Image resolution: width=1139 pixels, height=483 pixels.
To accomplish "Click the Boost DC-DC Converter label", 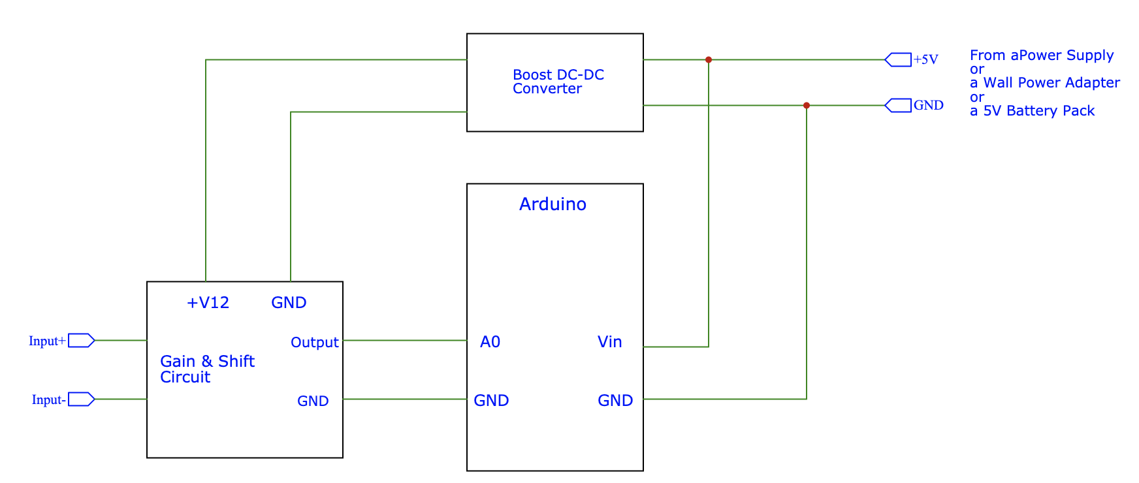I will point(558,82).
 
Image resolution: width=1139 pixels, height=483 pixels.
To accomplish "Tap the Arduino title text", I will point(553,204).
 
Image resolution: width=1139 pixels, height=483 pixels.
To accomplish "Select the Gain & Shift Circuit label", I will point(206,369).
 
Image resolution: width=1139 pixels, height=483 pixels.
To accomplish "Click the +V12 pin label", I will point(208,303).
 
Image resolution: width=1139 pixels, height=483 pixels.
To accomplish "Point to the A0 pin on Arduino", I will point(490,342).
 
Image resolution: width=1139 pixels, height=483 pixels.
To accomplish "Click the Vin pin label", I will point(609,342).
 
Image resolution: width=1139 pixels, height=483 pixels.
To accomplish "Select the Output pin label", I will point(314,343).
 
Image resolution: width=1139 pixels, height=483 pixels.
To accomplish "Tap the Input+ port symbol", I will point(82,340).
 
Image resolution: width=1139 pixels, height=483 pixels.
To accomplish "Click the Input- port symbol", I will point(82,399).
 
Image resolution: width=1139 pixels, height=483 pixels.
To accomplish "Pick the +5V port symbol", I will point(898,60).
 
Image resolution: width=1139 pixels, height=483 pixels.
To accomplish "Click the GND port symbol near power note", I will point(898,106).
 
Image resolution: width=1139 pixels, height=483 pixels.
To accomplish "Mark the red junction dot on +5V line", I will point(709,60).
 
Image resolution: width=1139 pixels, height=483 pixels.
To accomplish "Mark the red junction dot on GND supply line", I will point(807,106).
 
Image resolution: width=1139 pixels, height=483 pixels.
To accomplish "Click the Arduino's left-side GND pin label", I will point(491,401).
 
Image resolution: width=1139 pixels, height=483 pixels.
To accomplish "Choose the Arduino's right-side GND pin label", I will point(615,401).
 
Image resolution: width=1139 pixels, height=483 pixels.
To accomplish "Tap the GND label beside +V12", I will point(289,303).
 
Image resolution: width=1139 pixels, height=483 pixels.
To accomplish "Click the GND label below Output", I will point(313,401).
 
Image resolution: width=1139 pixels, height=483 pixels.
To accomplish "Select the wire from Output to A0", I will point(405,340).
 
